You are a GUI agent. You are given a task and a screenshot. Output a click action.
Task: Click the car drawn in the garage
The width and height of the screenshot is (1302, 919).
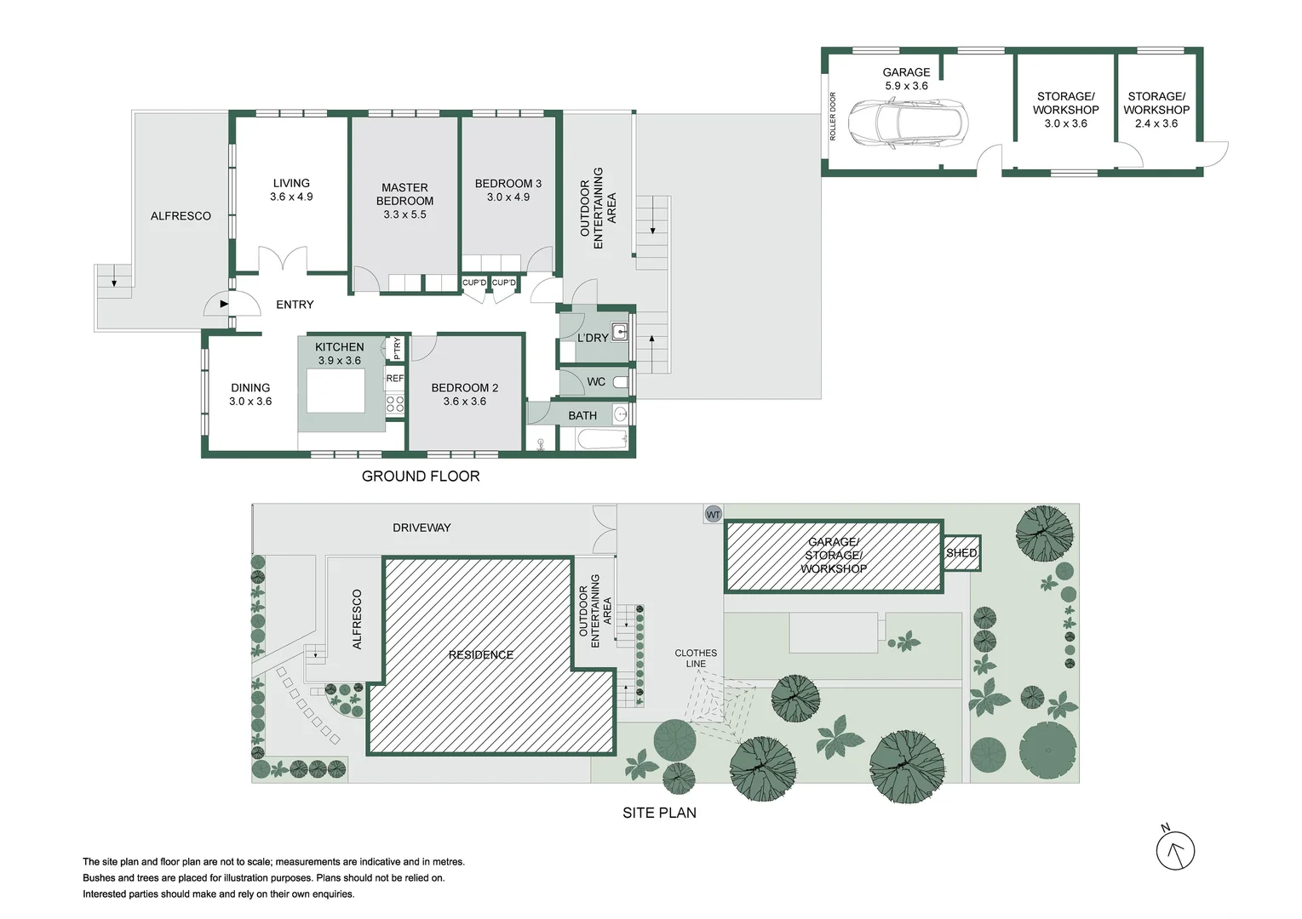tap(908, 124)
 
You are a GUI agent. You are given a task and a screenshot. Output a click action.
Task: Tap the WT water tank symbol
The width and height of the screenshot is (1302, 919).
tap(713, 514)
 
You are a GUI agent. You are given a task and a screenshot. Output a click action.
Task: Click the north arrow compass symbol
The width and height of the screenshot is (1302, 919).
tap(1175, 850)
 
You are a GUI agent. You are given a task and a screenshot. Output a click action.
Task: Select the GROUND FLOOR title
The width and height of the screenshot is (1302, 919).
tap(421, 477)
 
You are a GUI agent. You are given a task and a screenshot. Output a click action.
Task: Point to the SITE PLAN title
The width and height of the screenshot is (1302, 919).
tap(659, 813)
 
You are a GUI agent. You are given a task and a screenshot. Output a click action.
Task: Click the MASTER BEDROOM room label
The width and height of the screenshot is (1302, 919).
tap(404, 194)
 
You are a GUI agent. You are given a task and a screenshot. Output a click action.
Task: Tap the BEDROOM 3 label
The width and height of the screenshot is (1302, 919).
tap(508, 183)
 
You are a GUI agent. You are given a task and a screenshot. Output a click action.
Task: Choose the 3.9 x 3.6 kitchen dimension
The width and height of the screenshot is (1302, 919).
tap(339, 361)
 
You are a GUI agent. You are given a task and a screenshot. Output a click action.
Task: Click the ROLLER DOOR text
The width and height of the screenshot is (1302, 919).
tap(833, 117)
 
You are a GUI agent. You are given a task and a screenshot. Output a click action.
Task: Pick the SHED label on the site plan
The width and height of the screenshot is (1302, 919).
tap(961, 553)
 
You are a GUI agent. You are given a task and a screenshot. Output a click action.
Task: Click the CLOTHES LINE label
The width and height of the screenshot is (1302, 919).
tap(696, 658)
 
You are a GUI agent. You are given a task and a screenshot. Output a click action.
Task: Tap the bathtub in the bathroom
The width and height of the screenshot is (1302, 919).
tap(603, 439)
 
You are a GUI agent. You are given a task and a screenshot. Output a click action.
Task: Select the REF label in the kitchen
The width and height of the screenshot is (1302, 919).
tap(395, 378)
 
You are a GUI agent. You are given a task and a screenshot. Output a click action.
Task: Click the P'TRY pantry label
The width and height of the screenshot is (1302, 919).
tap(397, 348)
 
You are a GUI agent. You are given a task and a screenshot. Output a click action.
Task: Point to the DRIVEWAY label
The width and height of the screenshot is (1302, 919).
tap(422, 528)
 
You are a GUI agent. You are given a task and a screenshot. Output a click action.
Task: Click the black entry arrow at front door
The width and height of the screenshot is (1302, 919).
tap(224, 304)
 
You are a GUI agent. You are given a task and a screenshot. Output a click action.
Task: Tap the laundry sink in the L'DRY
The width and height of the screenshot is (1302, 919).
tap(620, 331)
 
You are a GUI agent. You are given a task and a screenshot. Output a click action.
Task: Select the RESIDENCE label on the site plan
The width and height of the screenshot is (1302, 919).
tap(481, 654)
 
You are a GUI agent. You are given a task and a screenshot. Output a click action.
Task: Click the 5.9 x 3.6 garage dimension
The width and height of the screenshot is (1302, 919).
tap(906, 86)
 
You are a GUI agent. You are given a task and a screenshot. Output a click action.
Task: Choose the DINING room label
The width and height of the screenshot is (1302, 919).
tap(250, 387)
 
